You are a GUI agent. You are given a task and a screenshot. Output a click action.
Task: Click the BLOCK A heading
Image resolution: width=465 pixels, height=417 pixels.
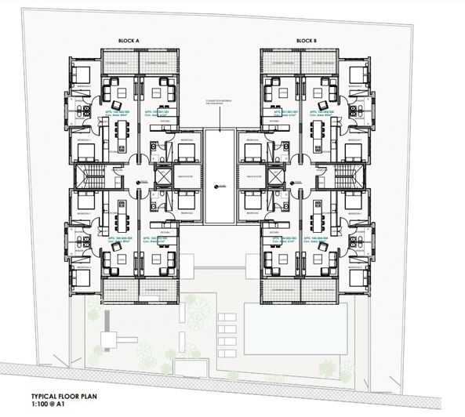tap(129, 39)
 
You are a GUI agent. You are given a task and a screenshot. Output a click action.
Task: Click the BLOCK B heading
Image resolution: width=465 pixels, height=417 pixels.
tap(306, 39)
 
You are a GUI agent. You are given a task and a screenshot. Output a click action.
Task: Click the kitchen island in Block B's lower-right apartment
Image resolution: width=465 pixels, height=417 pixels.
tap(318, 212)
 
